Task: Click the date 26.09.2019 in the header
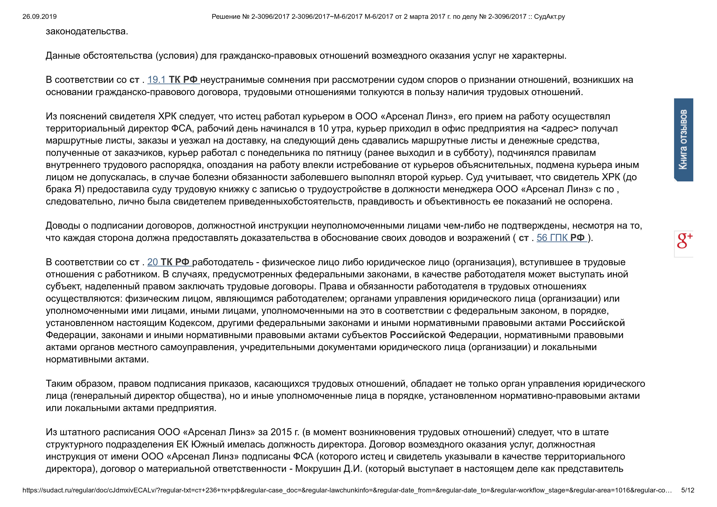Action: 39,17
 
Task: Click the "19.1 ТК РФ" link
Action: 173,80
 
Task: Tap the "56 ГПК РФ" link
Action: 561,238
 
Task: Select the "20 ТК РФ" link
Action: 169,262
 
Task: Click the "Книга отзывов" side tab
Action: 683,140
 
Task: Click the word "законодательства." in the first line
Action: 87,31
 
